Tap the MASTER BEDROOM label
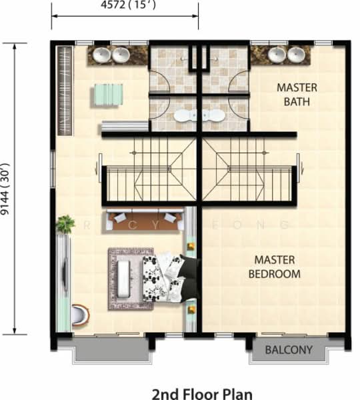coord(274,267)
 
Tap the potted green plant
coord(65,224)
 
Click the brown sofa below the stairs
coord(146,219)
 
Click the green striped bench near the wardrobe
coord(107,94)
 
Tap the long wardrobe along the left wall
coord(65,90)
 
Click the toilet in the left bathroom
coord(181,116)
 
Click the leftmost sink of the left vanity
coord(102,55)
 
